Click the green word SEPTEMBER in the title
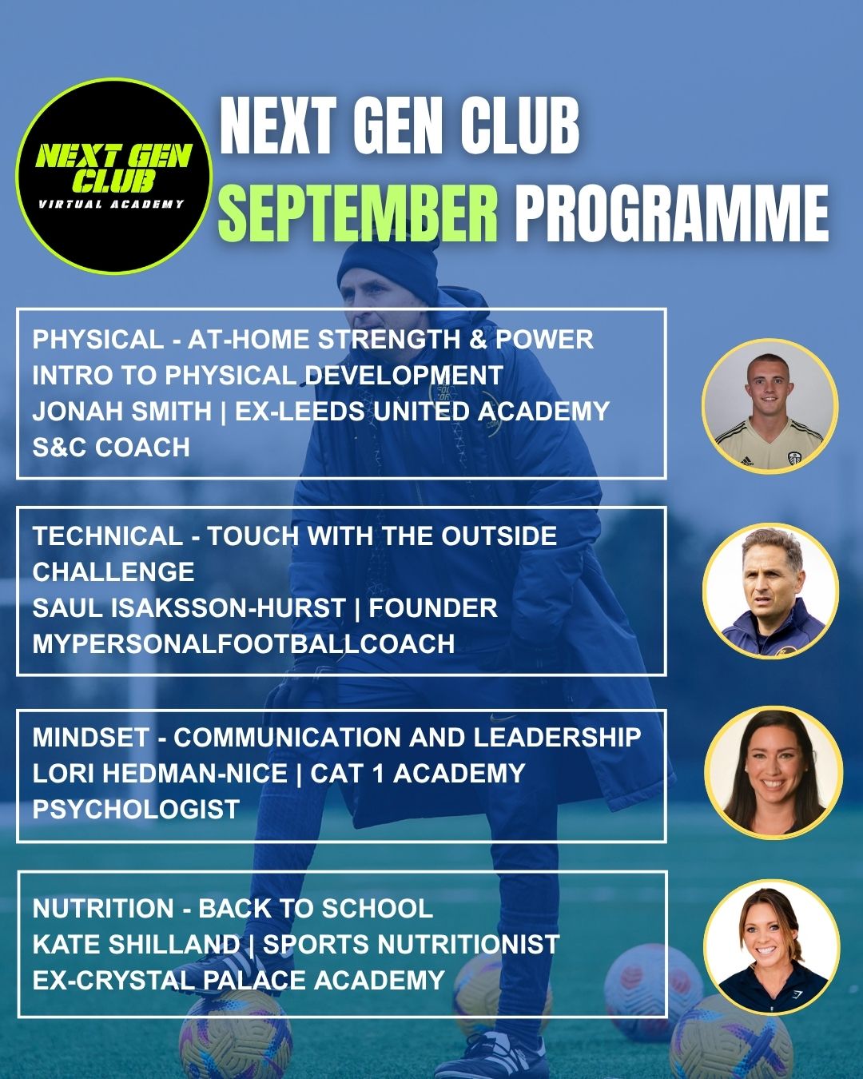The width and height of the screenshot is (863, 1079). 358,212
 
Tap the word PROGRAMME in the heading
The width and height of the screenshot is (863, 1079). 672,212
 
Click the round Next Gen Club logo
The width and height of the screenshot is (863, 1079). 114,176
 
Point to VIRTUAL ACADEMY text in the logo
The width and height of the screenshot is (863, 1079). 111,204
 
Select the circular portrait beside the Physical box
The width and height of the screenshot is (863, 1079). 770,407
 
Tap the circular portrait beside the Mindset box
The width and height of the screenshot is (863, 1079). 773,772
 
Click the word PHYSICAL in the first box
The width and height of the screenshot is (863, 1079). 98,340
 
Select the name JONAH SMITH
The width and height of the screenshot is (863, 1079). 121,411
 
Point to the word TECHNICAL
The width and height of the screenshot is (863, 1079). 108,536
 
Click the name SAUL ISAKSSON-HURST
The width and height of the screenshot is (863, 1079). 189,607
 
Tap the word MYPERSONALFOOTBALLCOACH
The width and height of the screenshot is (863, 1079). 244,643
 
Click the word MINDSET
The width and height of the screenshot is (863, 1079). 91,738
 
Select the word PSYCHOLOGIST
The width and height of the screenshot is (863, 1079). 136,809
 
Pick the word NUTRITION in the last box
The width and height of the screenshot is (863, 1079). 103,909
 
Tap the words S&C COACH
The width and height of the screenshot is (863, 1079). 111,448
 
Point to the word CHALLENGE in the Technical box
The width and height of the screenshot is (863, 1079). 113,572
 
